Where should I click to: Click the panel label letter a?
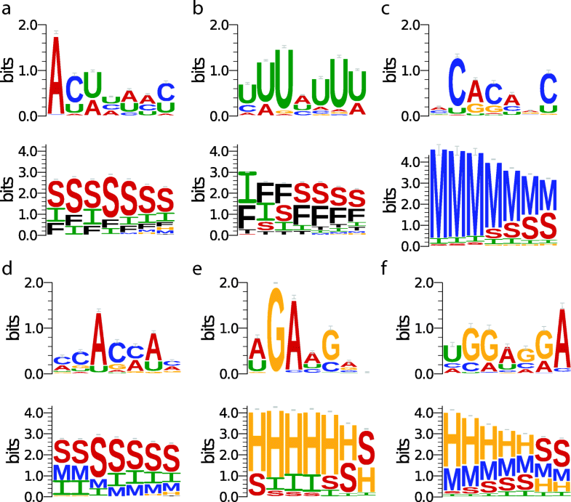(7, 10)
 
